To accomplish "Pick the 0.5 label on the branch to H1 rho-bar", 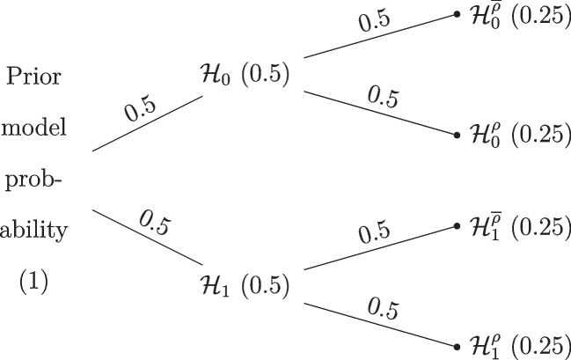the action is click(374, 233).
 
